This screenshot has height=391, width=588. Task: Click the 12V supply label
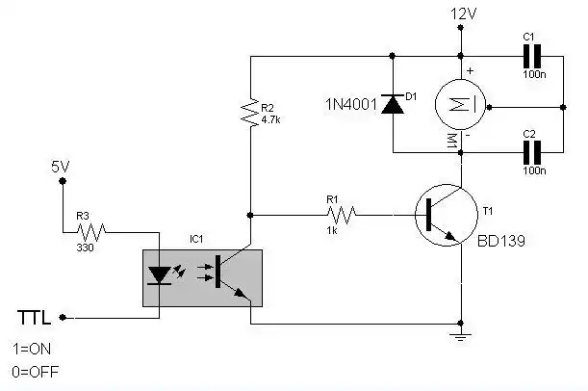464,14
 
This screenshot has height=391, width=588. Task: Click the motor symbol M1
461,104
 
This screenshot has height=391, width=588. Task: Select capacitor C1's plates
528,56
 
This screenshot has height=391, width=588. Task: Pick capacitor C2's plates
528,151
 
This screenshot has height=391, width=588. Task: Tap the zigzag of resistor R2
250,113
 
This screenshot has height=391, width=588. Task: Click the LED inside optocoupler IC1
160,274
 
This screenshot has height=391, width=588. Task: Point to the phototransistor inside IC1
223,274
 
